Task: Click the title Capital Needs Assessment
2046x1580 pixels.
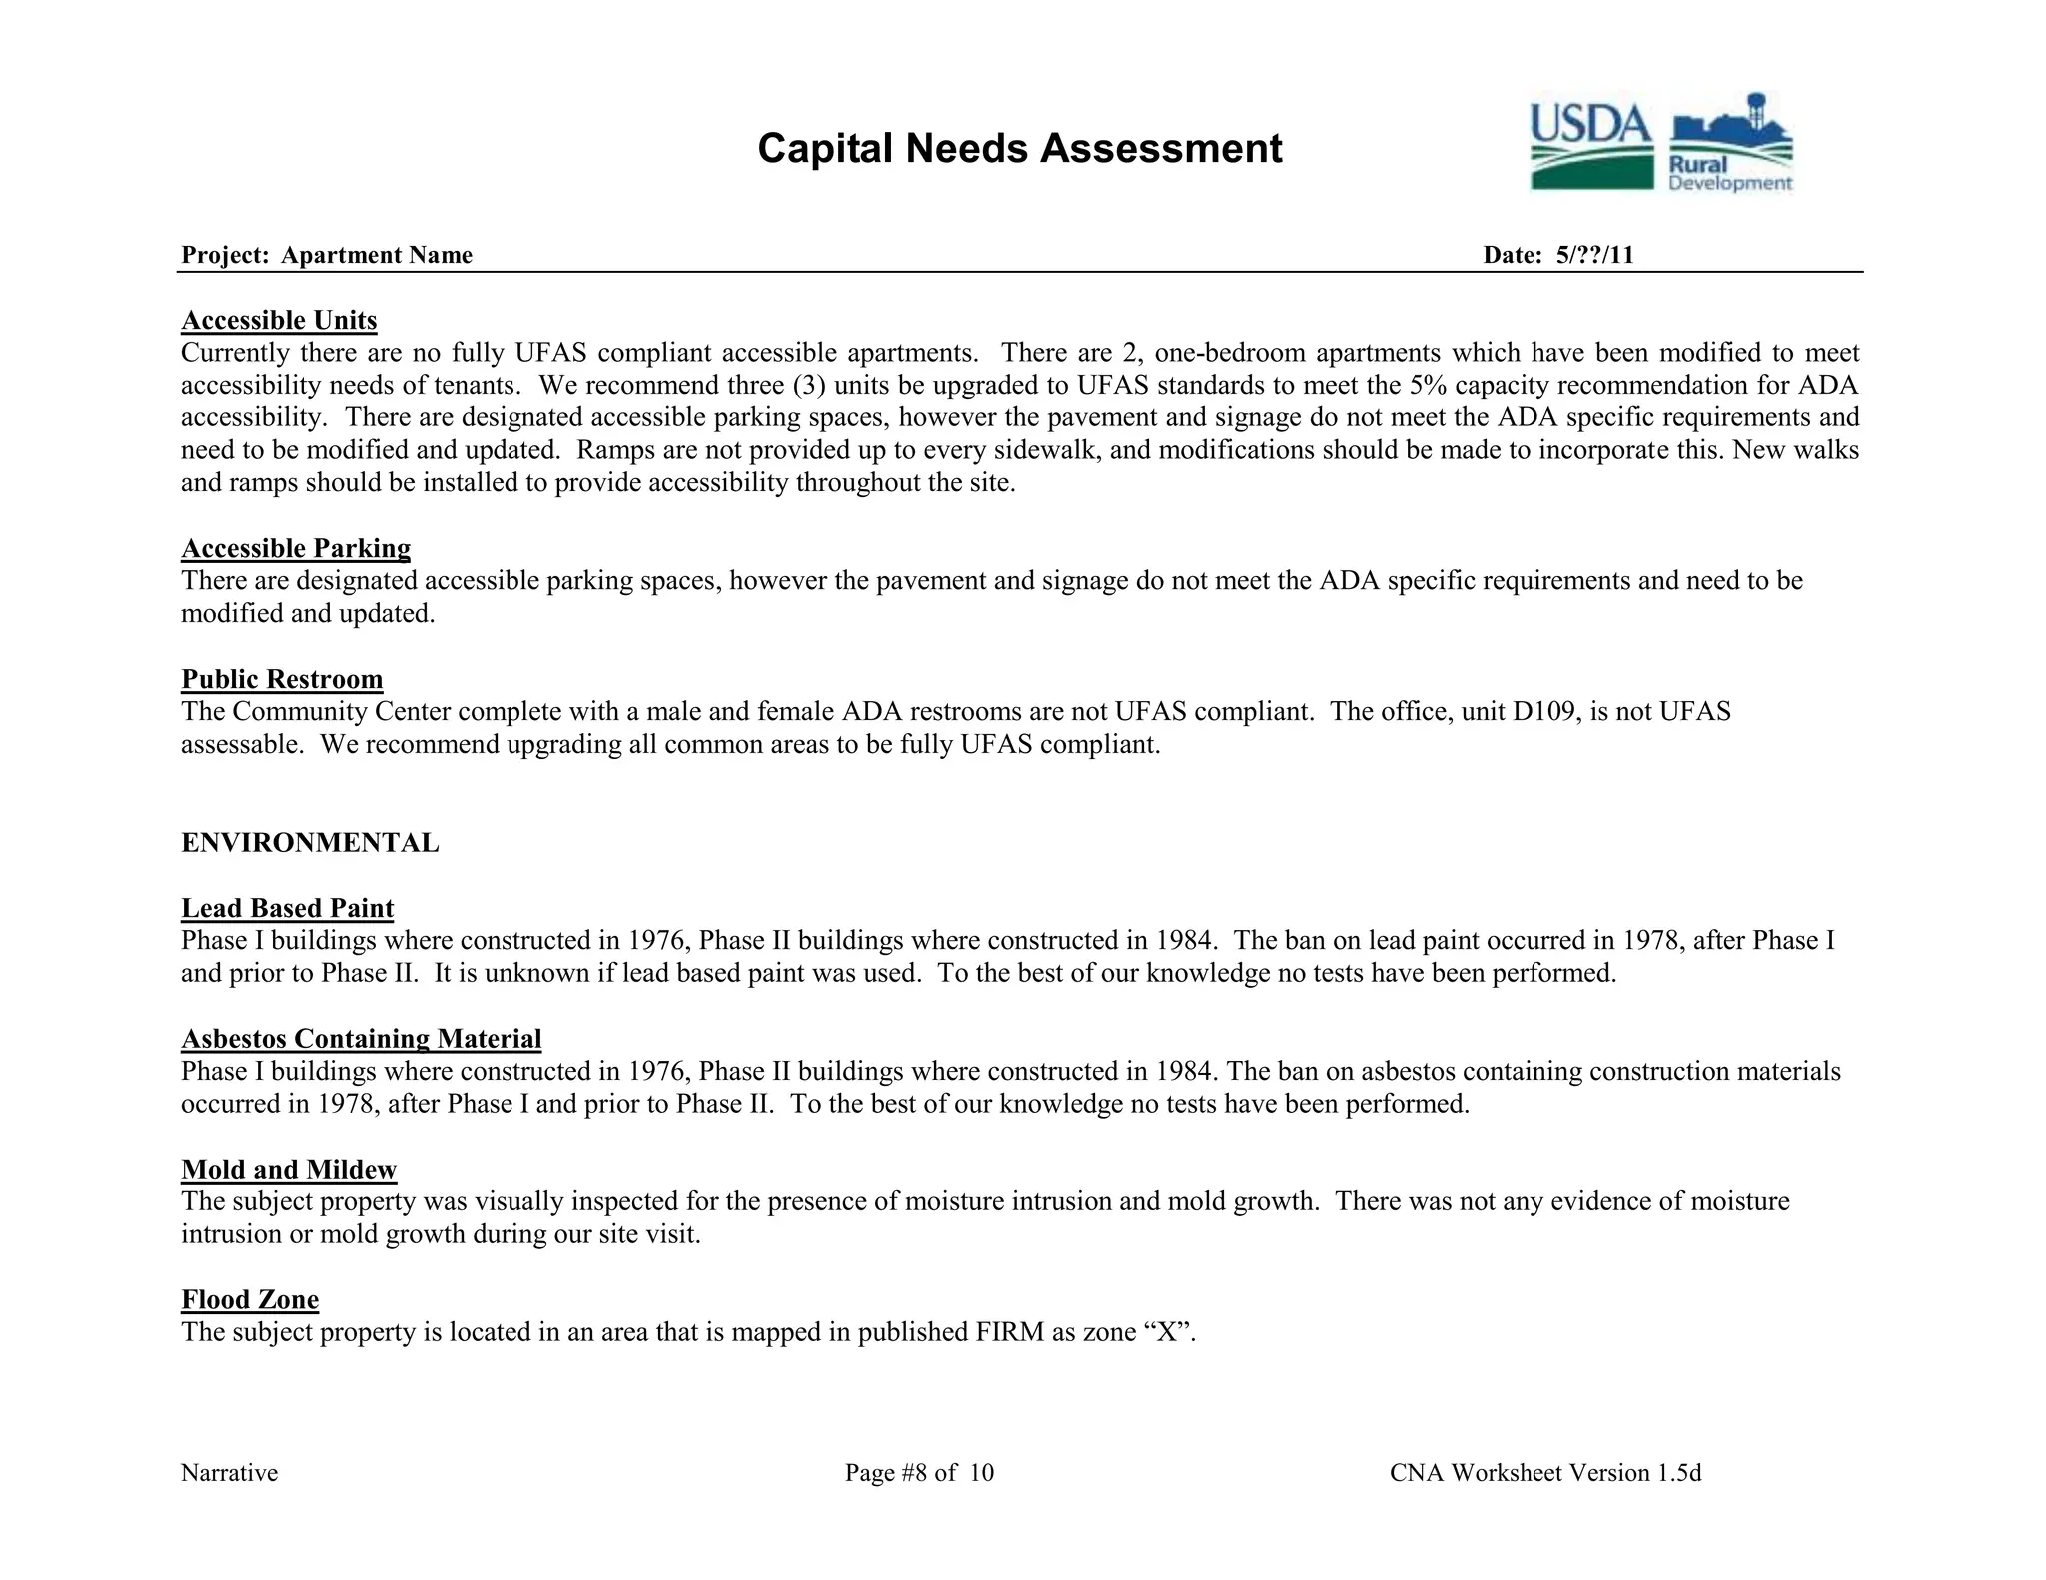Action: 1019,149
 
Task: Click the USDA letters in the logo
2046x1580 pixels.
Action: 1590,126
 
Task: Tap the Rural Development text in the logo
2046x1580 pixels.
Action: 1729,174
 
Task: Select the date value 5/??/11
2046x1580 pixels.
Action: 1594,255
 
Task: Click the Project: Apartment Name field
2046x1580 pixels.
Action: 327,255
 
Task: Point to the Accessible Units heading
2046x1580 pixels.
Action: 279,320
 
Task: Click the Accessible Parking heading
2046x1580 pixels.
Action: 296,548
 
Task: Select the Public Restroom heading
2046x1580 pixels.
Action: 282,679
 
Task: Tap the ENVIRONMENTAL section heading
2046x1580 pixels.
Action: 310,843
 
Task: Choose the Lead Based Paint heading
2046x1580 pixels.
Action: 287,908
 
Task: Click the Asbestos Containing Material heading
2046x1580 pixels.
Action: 361,1039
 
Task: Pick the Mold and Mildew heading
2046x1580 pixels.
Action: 289,1170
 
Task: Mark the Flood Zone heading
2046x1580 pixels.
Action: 250,1299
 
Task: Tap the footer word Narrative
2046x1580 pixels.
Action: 229,1473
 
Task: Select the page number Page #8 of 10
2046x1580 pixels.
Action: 919,1473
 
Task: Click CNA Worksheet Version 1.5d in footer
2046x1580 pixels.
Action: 1544,1473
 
